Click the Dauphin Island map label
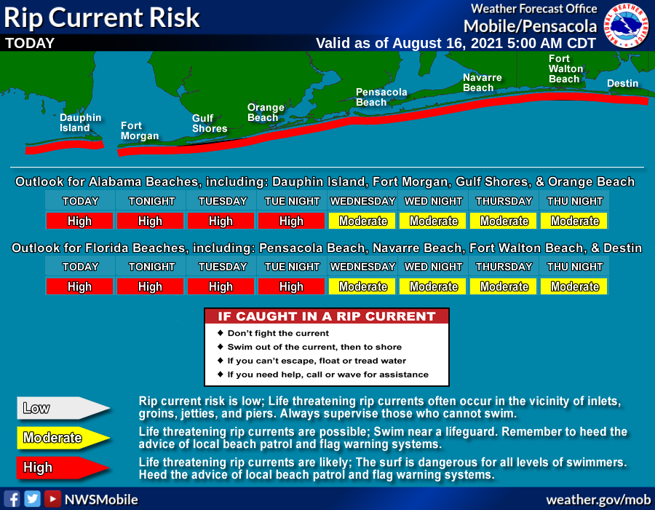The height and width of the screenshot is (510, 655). click(80, 123)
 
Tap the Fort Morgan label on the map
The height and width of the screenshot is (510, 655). click(140, 131)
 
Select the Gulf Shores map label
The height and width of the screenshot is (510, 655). click(210, 123)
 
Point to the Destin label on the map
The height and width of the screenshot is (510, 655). click(622, 83)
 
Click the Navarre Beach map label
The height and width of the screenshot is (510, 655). click(482, 82)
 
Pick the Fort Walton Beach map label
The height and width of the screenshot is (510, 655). click(565, 69)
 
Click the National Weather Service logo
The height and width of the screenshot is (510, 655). click(626, 25)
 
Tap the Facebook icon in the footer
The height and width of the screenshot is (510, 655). click(12, 499)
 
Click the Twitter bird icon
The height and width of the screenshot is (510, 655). click(32, 499)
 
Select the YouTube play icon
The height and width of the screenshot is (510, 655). click(52, 499)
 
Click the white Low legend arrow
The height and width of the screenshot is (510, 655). click(63, 408)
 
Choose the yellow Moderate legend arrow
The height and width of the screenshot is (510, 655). click(63, 438)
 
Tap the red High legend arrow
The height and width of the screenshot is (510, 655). click(63, 467)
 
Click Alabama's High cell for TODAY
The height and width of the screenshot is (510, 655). click(79, 221)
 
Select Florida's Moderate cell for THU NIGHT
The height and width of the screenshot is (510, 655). click(574, 286)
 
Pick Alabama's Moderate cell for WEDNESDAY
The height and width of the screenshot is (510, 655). click(362, 221)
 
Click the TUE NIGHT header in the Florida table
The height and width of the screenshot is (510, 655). click(292, 267)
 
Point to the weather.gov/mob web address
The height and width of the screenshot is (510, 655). click(598, 500)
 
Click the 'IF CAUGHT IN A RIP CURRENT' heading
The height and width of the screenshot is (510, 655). click(327, 316)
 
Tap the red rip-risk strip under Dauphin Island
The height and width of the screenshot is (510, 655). click(65, 146)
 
